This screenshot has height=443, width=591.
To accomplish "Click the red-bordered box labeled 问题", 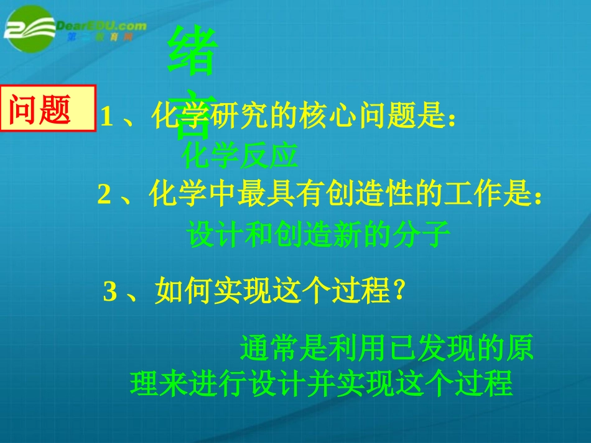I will pos(48,109).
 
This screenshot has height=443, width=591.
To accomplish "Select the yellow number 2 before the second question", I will pos(104,195).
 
